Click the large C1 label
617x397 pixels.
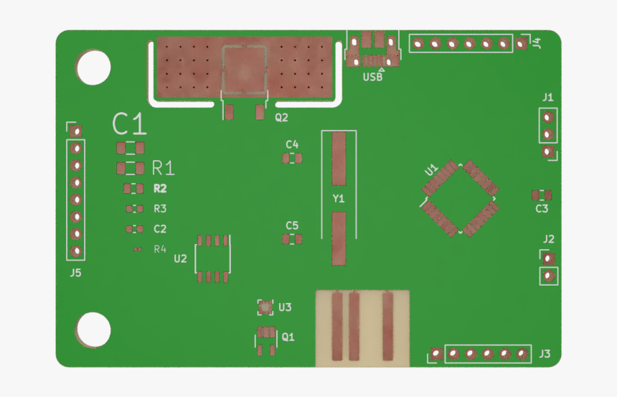[x=130, y=125]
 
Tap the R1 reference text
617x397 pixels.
[x=163, y=169]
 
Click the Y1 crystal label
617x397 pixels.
[x=339, y=198]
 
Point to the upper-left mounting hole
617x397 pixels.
[x=94, y=67]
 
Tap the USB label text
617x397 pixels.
[x=372, y=77]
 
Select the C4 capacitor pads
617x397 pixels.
[x=291, y=158]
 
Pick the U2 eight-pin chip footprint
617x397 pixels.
[x=213, y=258]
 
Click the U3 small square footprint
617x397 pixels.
[x=265, y=308]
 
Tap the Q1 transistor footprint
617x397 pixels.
[x=266, y=342]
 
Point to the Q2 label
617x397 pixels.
[x=281, y=117]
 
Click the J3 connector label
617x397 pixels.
[x=545, y=354]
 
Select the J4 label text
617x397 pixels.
[x=536, y=43]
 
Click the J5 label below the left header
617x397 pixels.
[x=75, y=273]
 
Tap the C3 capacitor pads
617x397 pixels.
[x=542, y=195]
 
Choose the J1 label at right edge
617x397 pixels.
[x=548, y=97]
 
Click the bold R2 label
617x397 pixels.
[x=160, y=189]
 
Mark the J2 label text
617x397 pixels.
[x=548, y=239]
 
